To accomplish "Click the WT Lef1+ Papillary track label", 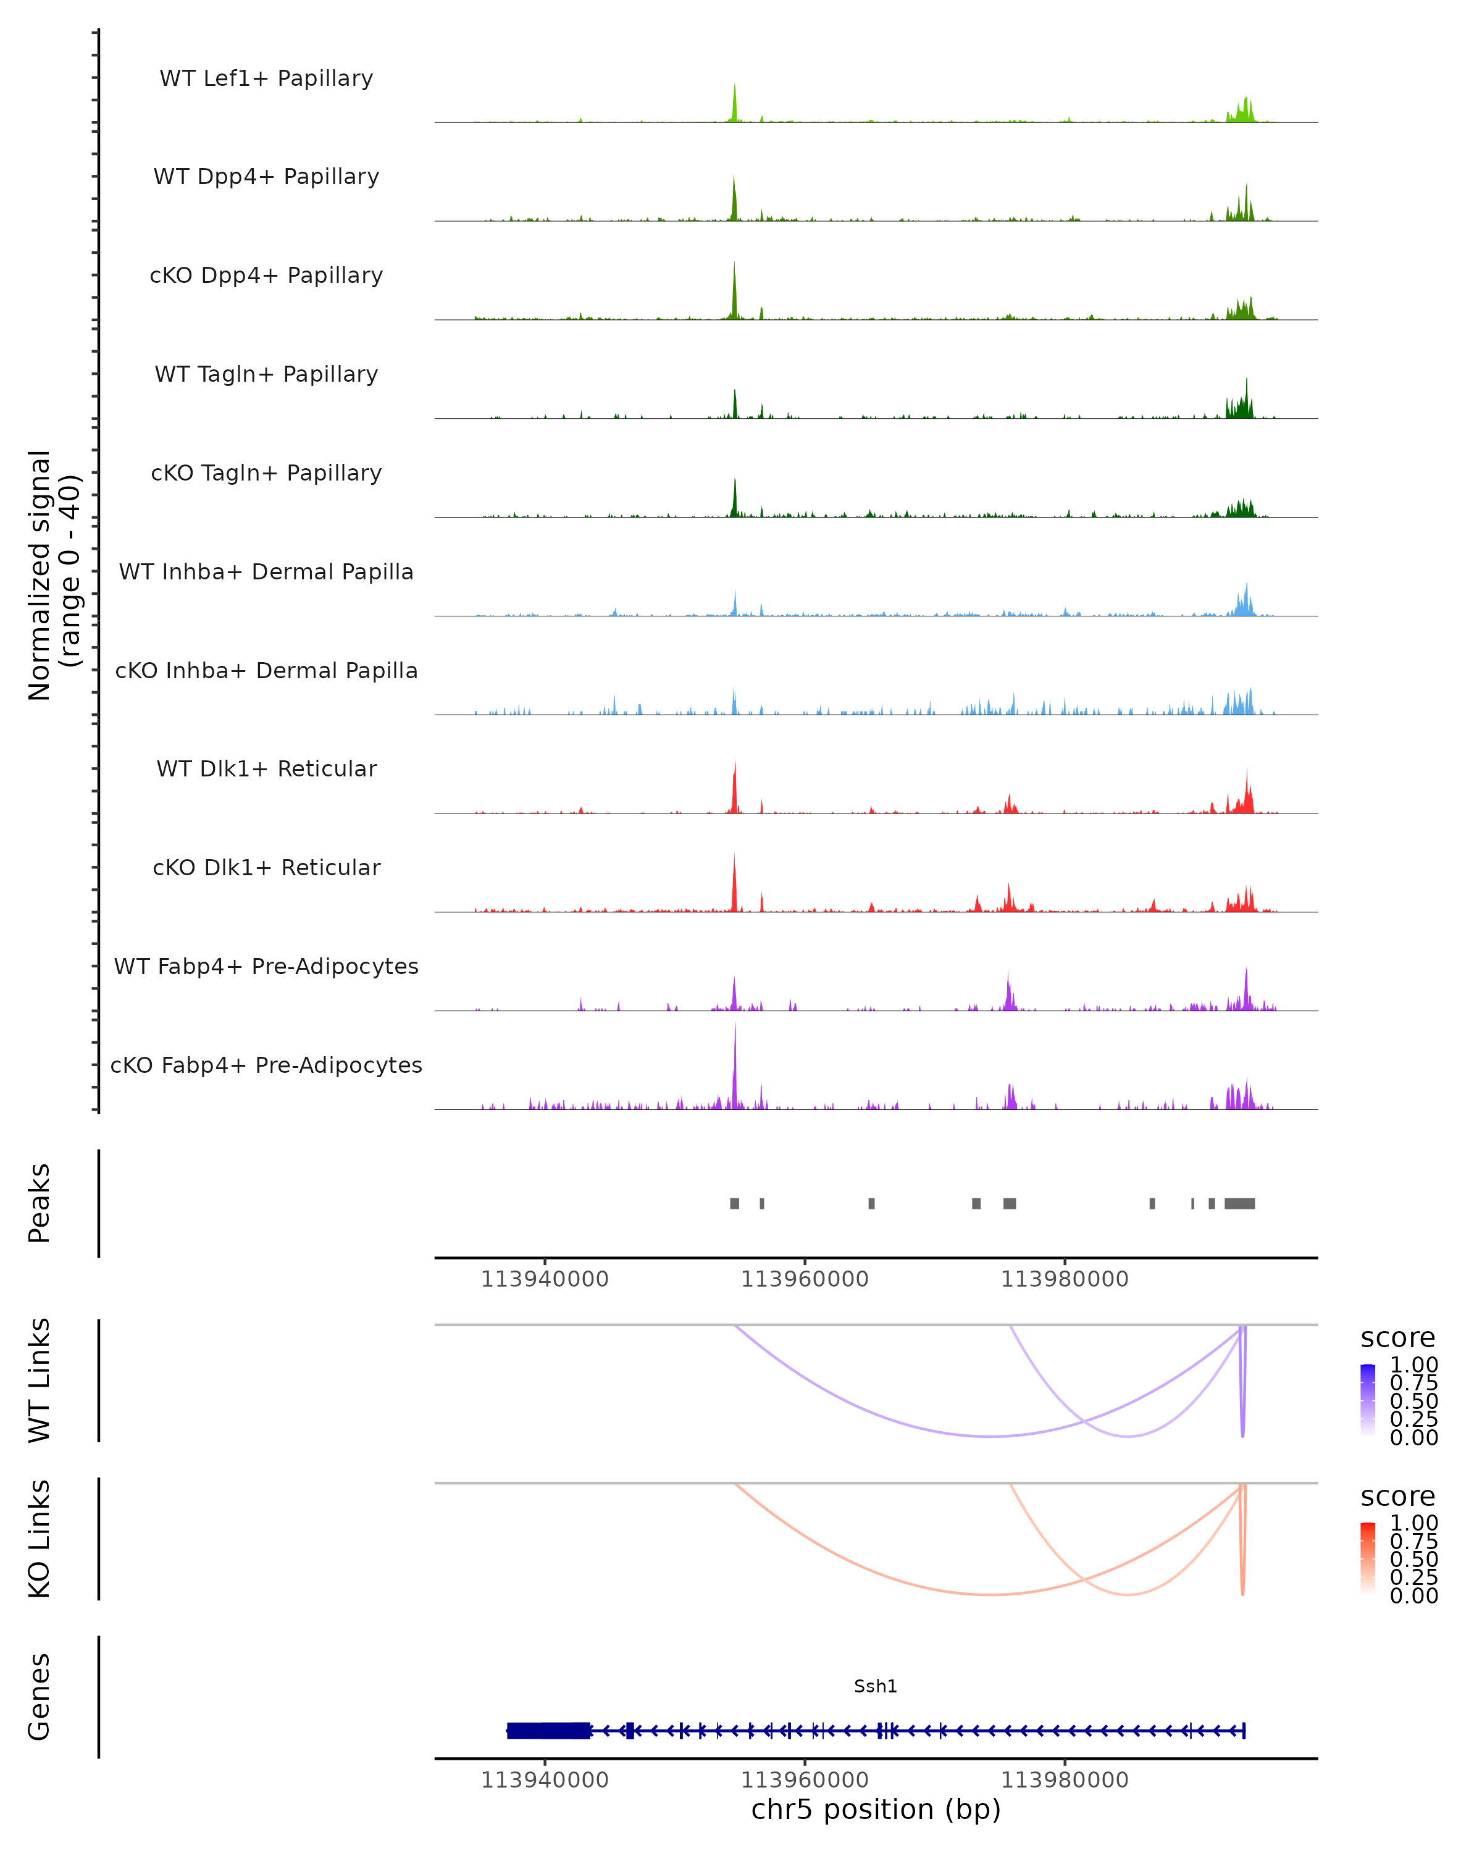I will click(266, 78).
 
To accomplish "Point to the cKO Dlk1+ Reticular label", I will click(266, 867).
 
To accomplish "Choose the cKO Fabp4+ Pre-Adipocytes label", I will click(266, 1065).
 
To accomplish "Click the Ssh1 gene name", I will click(876, 1686).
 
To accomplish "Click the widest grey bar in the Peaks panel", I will click(1239, 1203).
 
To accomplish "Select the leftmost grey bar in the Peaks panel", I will click(735, 1203).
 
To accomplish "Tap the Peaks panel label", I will click(40, 1203).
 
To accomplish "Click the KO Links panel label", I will click(40, 1539).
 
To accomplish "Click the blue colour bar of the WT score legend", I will click(1368, 1401).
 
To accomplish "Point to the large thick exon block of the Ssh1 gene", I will click(549, 1730).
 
